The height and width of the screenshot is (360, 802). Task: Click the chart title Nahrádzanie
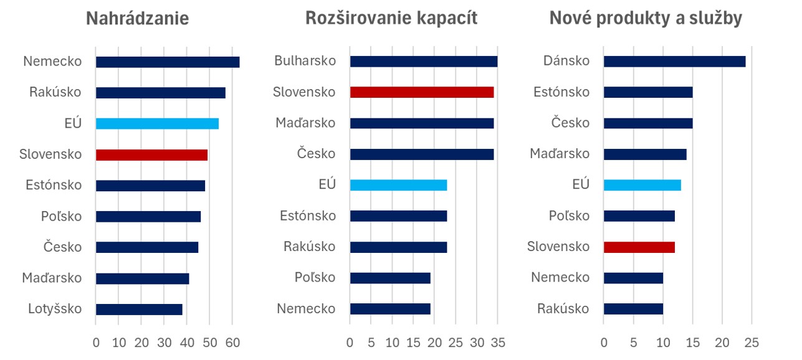pos(137,19)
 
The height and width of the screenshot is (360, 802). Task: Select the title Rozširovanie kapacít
pos(391,19)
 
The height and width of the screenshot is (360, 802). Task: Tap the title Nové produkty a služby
pos(646,19)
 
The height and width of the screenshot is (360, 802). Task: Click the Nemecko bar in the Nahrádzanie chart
pos(168,62)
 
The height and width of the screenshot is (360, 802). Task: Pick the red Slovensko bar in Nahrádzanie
pos(151,154)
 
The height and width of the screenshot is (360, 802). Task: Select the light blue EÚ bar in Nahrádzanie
pos(157,123)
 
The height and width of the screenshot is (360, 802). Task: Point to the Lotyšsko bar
pos(139,309)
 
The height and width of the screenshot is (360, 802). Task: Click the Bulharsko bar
pos(424,61)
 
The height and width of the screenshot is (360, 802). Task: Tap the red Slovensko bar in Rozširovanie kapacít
pos(422,92)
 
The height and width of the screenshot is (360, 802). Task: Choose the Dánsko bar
pos(674,61)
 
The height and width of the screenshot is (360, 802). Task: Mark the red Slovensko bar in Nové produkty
pos(639,247)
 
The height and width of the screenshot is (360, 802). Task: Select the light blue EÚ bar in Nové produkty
pos(642,185)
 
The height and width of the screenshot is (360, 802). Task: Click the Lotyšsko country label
pos(55,309)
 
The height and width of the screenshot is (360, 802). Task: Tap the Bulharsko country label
pos(305,61)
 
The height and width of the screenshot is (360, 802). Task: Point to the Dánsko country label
pos(566,61)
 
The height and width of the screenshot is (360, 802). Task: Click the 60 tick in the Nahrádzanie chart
pos(232,343)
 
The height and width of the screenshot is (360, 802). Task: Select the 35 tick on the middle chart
pos(497,343)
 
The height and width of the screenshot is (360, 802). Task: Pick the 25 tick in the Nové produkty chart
pos(752,343)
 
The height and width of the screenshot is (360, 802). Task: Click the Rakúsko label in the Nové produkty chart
pos(563,309)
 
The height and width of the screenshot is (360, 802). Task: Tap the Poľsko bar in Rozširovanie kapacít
pos(390,278)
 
